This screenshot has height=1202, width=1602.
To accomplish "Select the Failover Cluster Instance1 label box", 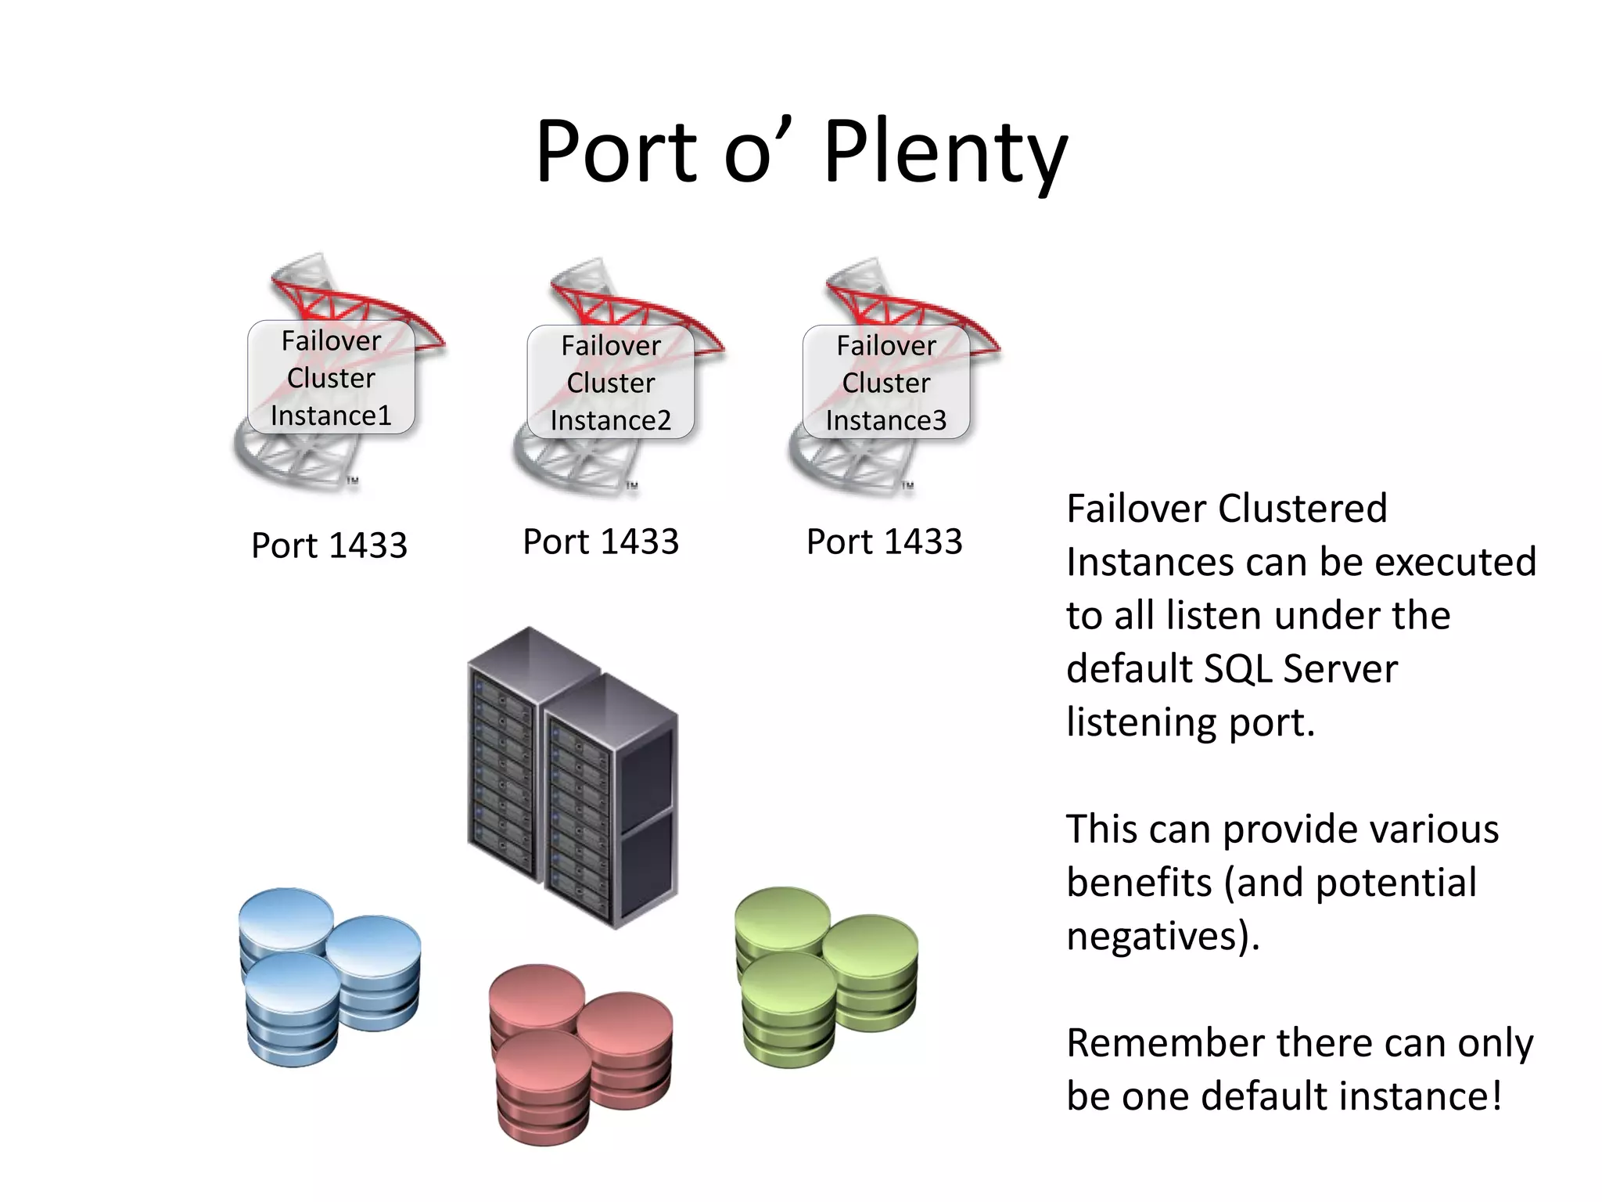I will click(331, 377).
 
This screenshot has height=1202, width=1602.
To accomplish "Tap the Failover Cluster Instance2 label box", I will click(610, 382).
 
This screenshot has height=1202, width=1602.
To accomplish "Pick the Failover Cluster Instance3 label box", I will click(885, 382).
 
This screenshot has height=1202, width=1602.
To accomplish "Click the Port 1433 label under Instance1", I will click(329, 545).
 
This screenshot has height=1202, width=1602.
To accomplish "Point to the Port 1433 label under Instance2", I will click(601, 542).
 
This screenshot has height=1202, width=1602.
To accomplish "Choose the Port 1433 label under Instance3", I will click(884, 542).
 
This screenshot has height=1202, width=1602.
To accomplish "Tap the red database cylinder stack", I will click(580, 1053).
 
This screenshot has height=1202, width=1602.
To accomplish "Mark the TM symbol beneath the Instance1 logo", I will click(353, 480).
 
